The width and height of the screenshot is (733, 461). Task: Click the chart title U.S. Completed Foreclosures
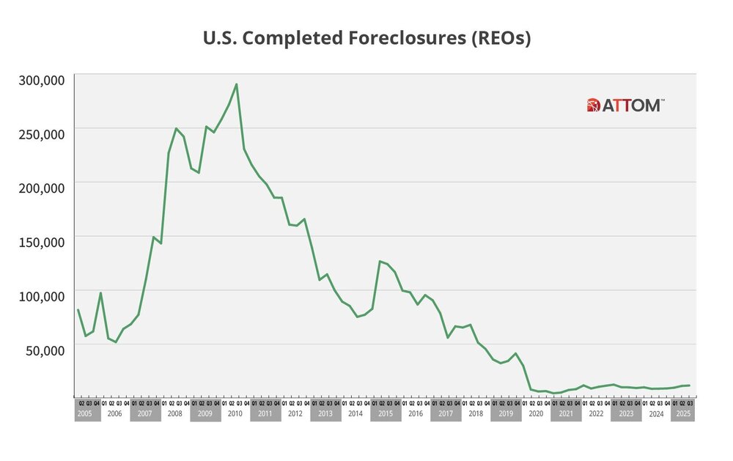pos(366,39)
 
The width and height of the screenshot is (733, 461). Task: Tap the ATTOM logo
pos(626,106)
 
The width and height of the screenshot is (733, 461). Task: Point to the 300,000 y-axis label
pos(41,79)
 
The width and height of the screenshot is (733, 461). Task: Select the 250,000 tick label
pos(41,133)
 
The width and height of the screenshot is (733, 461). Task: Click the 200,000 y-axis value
pos(41,188)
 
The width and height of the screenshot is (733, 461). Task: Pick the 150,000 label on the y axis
pos(41,242)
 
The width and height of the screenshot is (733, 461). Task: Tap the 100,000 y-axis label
pos(41,296)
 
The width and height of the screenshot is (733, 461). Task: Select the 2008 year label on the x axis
pos(174,414)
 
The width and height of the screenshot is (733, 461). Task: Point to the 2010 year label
pos(235,414)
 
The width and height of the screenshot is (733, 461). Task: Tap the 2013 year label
pos(325,414)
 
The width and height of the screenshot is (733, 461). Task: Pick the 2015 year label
pos(385,414)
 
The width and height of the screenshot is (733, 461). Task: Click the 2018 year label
pos(475,414)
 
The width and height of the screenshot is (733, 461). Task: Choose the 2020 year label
pos(535,414)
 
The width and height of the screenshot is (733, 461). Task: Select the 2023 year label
pos(625,414)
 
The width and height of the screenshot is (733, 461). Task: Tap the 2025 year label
pos(682,414)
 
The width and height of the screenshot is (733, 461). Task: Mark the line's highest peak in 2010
pos(236,84)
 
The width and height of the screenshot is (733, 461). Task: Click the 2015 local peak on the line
pos(380,261)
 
